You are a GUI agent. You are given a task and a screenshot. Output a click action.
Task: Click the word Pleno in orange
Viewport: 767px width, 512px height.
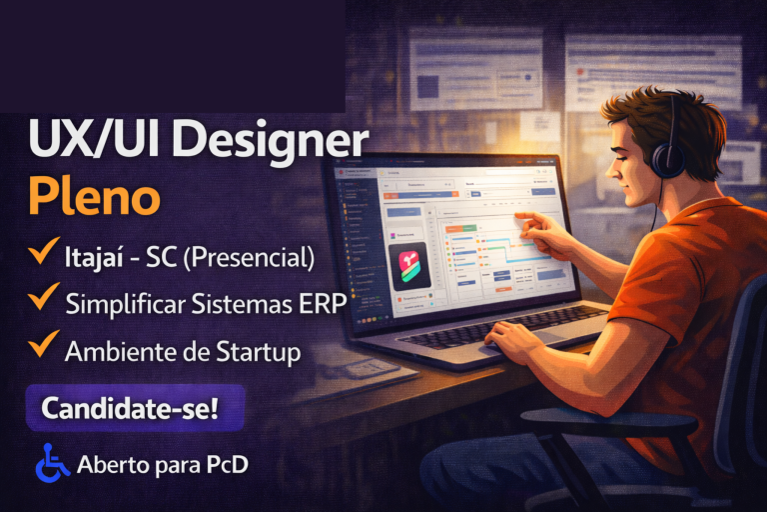pyautogui.click(x=94, y=196)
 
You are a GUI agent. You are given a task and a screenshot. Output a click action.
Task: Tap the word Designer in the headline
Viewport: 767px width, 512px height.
pyautogui.click(x=269, y=141)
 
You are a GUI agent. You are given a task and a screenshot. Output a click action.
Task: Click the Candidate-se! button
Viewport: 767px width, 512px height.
pyautogui.click(x=129, y=409)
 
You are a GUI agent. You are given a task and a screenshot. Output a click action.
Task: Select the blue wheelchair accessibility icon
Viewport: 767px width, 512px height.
pyautogui.click(x=52, y=463)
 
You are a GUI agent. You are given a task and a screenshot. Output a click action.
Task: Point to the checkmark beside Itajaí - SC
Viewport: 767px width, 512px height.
pyautogui.click(x=42, y=254)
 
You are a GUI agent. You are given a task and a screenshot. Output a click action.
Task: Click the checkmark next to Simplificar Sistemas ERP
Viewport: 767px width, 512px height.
pyautogui.click(x=42, y=299)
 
